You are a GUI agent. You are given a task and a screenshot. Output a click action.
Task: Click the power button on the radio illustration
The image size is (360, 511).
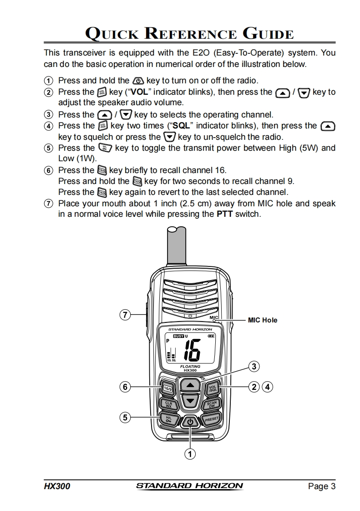tap(190, 422)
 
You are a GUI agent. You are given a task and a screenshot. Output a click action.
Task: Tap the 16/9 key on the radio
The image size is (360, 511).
tap(167, 388)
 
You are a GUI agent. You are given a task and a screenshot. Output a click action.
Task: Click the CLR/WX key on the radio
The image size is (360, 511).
tap(168, 404)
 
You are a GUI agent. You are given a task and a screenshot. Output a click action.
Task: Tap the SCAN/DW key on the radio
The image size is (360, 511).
tap(212, 404)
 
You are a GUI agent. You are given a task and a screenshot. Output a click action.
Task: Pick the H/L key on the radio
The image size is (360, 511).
tap(169, 419)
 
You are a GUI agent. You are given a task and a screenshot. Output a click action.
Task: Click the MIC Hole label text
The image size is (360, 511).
tap(262, 320)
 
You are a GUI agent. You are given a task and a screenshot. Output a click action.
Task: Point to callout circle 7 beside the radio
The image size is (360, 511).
tap(126, 314)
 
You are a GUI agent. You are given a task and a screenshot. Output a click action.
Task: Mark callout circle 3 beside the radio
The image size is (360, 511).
tap(254, 366)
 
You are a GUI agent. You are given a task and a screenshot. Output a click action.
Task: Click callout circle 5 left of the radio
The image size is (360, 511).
tap(126, 417)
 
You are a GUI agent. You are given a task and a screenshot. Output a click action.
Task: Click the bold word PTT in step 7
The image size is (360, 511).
tap(225, 214)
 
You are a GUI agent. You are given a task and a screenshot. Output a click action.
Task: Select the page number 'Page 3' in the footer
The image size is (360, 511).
tap(321, 486)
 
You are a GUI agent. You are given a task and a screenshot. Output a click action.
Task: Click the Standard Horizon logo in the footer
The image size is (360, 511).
tap(189, 486)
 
